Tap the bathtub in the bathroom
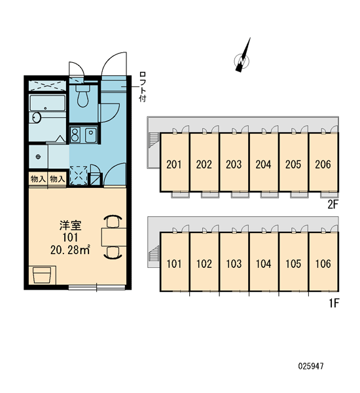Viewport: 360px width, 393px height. [48, 103]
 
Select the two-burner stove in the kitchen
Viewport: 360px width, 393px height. [75, 134]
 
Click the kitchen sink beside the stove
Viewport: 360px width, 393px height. [91, 134]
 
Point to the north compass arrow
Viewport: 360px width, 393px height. [243, 55]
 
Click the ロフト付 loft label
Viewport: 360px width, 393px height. [143, 86]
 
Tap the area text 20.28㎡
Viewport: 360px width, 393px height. [70, 250]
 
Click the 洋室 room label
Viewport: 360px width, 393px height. [71, 225]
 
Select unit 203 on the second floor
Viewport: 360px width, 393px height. [234, 164]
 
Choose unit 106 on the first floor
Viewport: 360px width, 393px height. [323, 264]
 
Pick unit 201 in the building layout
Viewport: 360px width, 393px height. [174, 164]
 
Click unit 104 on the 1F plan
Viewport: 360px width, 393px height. [264, 264]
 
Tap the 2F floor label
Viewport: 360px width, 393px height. [333, 205]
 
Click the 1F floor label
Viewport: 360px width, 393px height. [334, 303]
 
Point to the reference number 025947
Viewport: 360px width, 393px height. [311, 366]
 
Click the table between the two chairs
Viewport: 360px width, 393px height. [114, 237]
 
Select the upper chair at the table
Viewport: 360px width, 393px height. [113, 221]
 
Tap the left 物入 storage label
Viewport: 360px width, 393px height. [38, 179]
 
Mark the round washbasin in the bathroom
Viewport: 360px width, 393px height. [37, 118]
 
